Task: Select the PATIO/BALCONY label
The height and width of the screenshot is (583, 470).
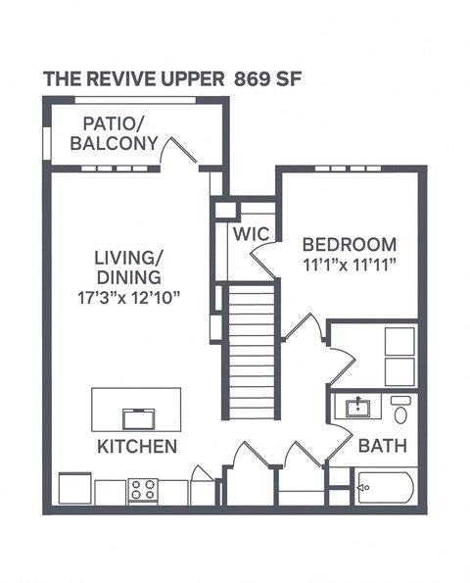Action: coord(120,135)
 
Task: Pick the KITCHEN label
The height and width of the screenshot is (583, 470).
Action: coord(136,447)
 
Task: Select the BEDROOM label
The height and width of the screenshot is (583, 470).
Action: coord(349,245)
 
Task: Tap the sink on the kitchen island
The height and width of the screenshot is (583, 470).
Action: coord(137,418)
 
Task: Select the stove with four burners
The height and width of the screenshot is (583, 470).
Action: coord(142,490)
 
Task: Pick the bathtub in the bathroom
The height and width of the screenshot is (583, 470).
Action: coord(385,487)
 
